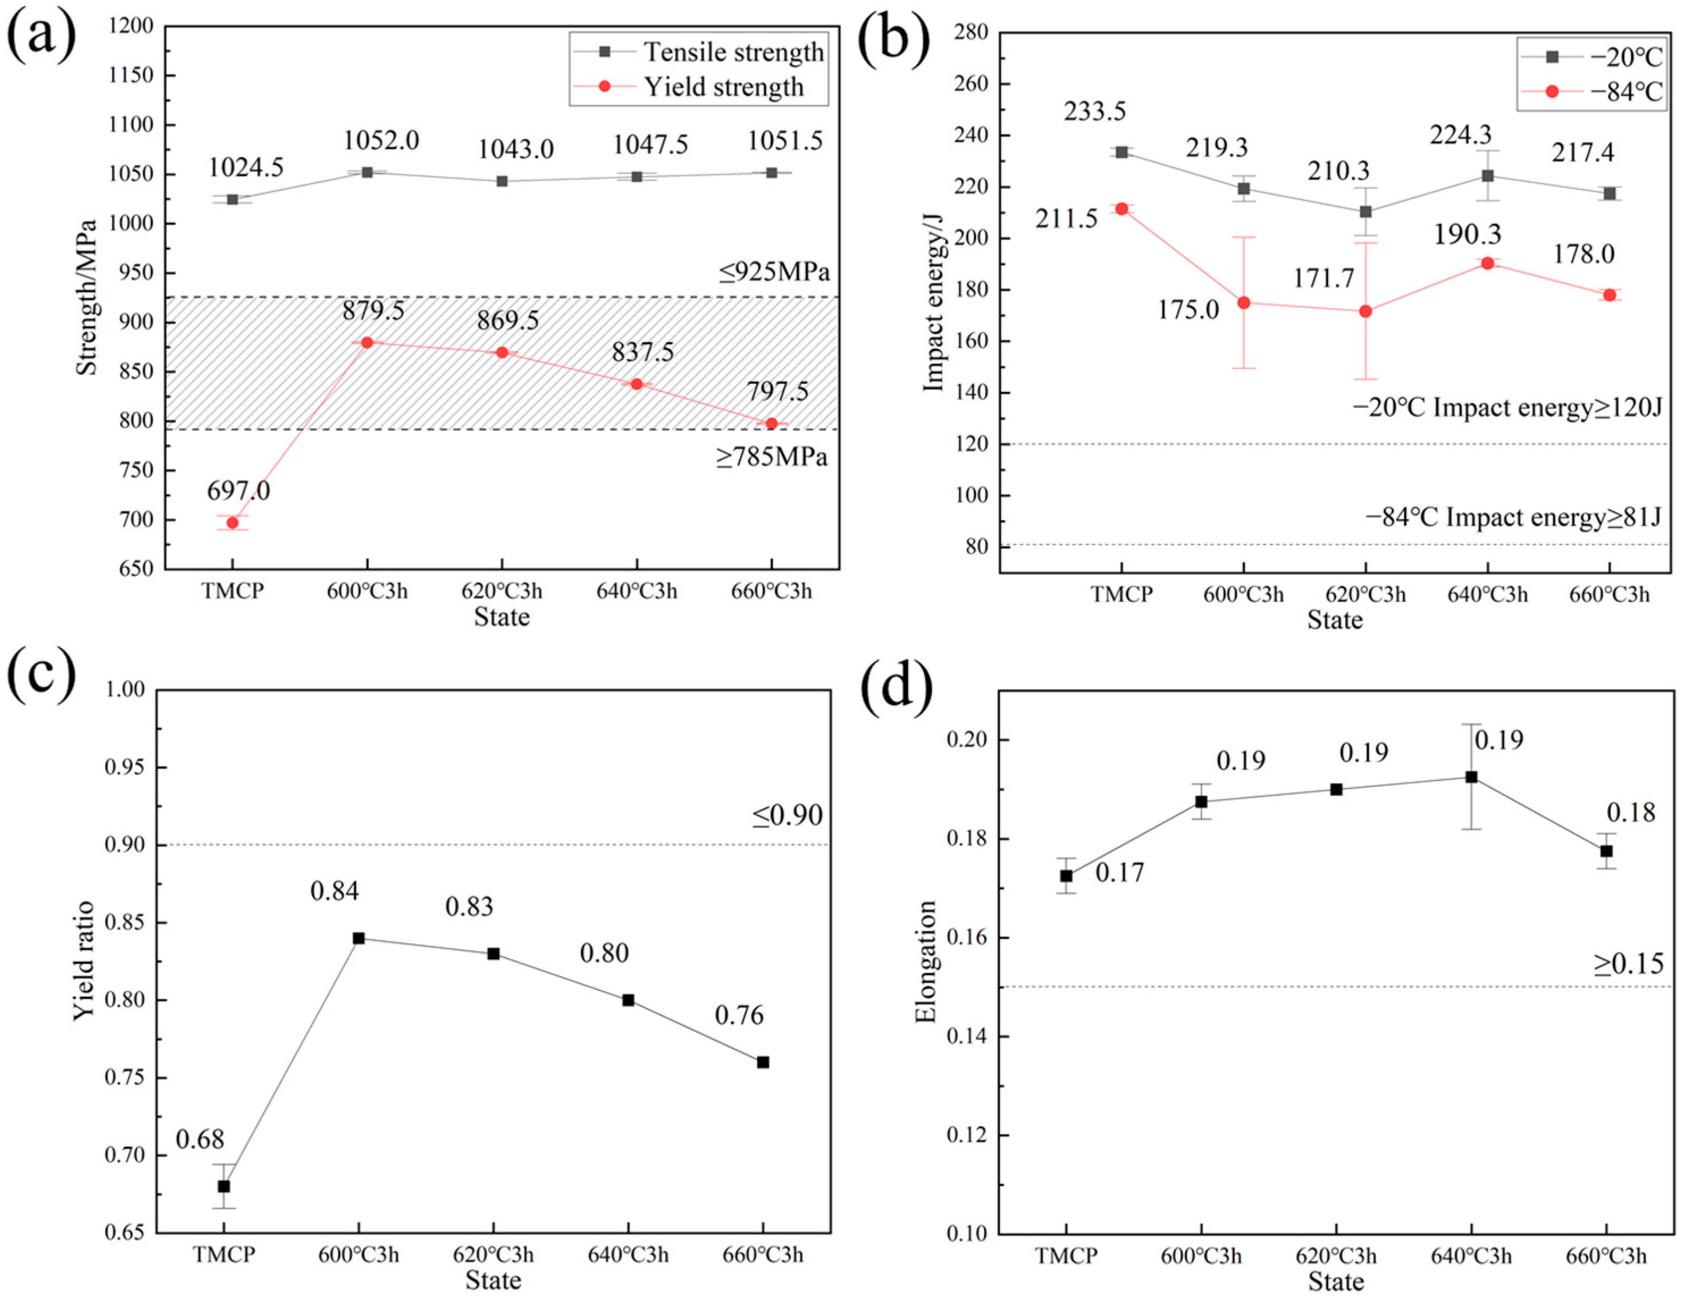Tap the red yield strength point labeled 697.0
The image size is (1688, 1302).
tap(233, 523)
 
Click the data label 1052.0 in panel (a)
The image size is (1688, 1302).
tap(381, 141)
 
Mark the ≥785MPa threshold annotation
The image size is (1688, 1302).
tap(771, 457)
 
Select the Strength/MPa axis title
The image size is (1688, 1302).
tap(87, 297)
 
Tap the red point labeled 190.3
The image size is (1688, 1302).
tap(1487, 263)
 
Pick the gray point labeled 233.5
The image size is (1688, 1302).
tap(1122, 152)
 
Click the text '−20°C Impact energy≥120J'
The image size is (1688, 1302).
tap(1506, 407)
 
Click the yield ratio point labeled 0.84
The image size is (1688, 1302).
tap(359, 938)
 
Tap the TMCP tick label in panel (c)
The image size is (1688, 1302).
tap(224, 1254)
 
